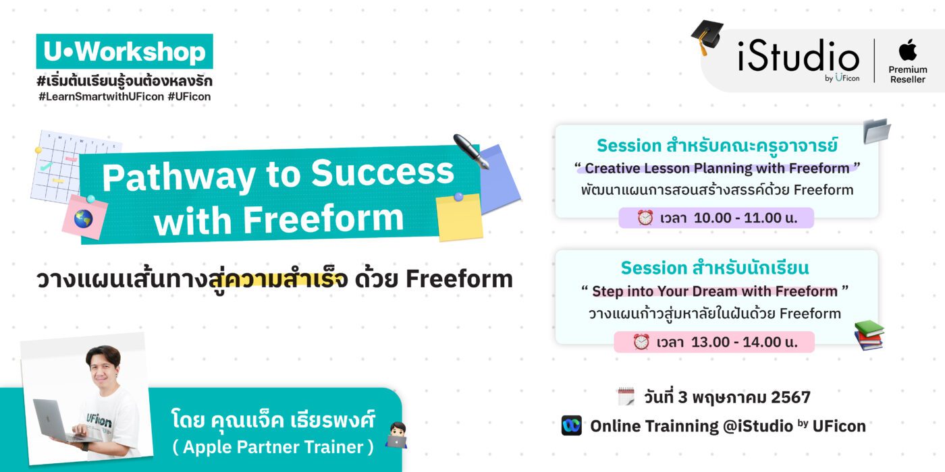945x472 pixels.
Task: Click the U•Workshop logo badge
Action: (124, 51)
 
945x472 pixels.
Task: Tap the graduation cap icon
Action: (707, 36)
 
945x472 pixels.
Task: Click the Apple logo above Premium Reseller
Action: (907, 50)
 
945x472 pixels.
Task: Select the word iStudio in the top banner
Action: (798, 55)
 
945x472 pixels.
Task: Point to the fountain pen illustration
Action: (472, 151)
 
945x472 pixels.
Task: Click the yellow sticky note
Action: (460, 217)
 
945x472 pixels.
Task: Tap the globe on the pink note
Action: (83, 218)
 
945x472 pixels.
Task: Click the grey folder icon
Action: (877, 131)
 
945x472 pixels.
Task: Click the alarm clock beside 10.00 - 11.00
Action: (645, 217)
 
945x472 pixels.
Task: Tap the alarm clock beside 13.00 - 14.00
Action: (641, 342)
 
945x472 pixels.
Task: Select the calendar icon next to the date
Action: (626, 396)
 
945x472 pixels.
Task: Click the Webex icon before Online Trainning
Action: (571, 425)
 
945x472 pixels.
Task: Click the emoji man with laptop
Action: (396, 435)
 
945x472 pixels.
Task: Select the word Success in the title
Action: (383, 173)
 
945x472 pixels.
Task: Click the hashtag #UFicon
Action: (189, 96)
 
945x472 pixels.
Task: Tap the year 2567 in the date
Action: (790, 397)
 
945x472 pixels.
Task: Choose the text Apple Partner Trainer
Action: (273, 447)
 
